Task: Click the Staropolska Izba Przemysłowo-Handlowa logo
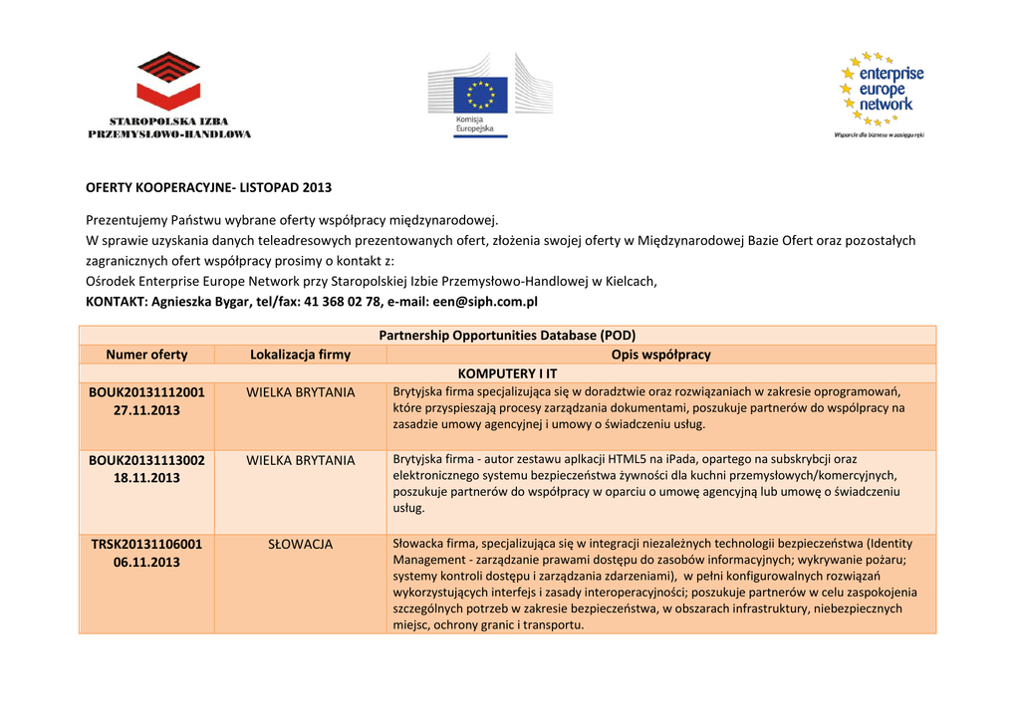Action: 169,95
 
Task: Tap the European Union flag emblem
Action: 481,96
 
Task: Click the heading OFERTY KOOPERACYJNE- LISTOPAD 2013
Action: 208,187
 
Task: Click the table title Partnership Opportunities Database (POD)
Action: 507,336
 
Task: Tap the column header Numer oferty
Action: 146,355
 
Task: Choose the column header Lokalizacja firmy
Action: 300,355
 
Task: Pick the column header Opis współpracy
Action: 660,355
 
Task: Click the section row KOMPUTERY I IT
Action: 507,373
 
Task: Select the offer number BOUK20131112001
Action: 146,392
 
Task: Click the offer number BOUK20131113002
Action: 146,460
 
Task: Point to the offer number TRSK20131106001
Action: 146,544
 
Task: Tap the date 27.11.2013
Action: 146,410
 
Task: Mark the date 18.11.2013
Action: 146,478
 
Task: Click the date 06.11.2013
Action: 146,563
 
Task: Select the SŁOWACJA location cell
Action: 300,544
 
